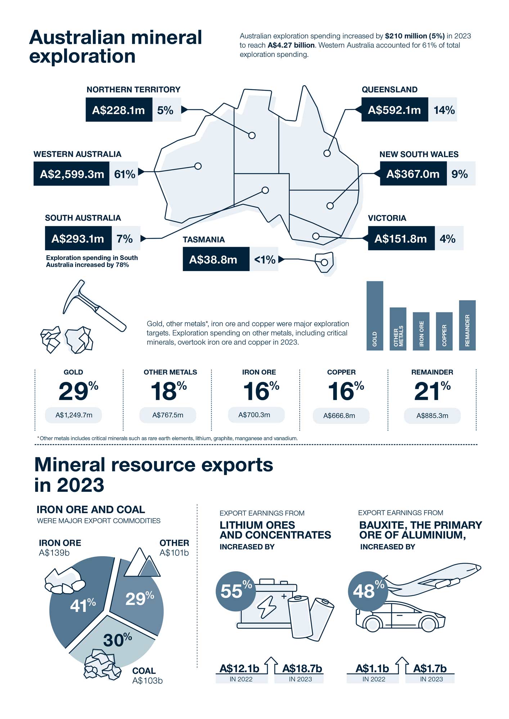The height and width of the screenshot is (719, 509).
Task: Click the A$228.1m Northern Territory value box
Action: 119,110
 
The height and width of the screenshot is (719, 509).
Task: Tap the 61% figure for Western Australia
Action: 125,174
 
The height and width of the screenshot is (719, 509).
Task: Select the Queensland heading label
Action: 389,90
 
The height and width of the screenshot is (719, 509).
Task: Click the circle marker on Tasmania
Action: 324,262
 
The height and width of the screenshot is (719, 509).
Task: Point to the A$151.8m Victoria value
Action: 401,238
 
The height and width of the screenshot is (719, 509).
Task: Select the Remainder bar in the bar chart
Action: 467,325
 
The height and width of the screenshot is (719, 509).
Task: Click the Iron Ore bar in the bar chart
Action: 421,331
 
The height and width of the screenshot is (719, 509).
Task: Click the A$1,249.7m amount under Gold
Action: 74,415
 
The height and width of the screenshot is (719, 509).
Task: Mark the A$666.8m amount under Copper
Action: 339,416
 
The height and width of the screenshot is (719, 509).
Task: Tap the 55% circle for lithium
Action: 236,591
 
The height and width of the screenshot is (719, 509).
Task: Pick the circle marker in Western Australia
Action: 198,166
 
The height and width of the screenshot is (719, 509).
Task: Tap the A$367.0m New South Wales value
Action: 413,174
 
